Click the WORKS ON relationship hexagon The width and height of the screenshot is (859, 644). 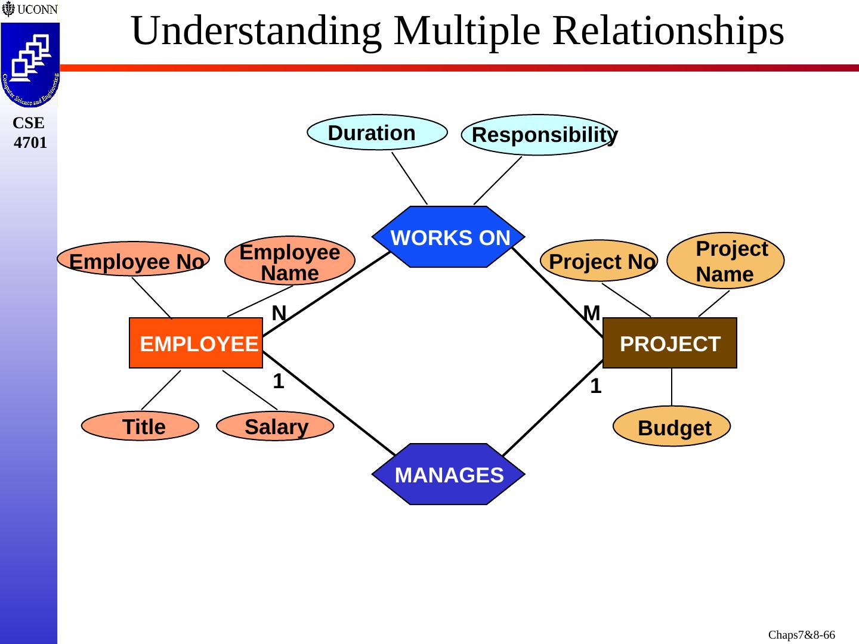pos(449,237)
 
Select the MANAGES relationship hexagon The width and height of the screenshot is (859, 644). pos(449,475)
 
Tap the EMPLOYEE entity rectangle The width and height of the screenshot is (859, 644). pos(196,343)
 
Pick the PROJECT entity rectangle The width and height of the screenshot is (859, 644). pos(670,343)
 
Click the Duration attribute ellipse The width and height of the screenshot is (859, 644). pos(377,132)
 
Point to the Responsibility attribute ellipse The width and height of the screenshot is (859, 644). pos(537,135)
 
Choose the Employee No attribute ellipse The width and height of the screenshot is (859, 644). pos(134,259)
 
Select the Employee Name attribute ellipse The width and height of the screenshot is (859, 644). pos(290,261)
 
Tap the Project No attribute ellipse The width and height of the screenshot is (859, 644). pos(599,261)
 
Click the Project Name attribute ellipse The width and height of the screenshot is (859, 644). pos(725,261)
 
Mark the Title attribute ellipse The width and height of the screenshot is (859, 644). pos(140,426)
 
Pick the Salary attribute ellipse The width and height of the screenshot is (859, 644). pos(275,426)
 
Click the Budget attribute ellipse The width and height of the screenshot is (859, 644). pos(672,427)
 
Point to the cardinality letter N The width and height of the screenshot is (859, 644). pos(279,313)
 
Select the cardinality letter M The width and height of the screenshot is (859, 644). pos(591,313)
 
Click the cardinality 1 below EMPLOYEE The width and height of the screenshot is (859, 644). pos(278,382)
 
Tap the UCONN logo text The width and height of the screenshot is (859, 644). pos(37,10)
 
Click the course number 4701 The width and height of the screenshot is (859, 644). pos(30,143)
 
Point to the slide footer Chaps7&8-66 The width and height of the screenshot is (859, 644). pos(801,635)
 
